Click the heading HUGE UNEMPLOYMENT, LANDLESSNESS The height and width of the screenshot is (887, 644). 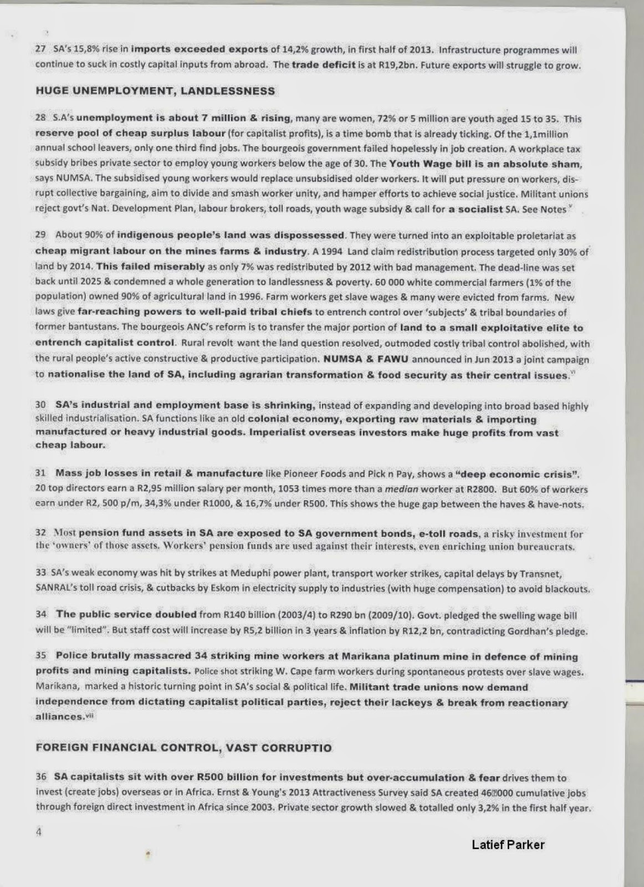[155, 91]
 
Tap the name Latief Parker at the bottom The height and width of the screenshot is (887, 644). [508, 845]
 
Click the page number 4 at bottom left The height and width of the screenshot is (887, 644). [39, 832]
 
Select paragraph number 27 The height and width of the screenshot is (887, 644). [40, 49]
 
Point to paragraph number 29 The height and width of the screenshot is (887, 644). [40, 235]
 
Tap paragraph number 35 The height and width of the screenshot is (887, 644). [40, 656]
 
